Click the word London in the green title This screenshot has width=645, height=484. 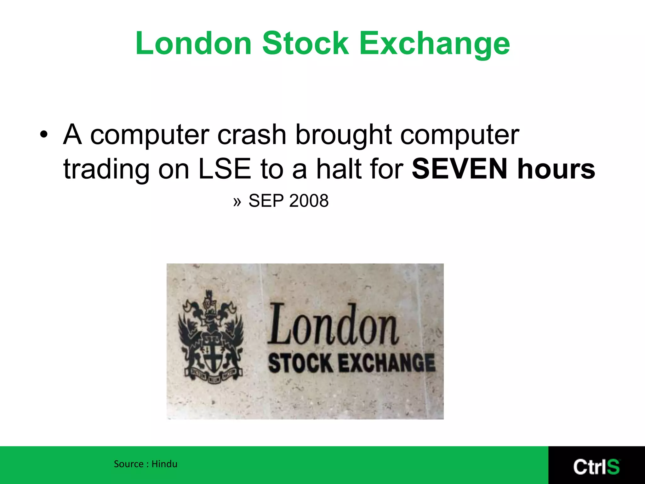pyautogui.click(x=193, y=43)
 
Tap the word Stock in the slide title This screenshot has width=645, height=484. pyautogui.click(x=305, y=43)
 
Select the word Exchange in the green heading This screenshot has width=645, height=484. pyautogui.click(x=435, y=44)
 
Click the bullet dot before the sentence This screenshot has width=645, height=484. pyautogui.click(x=44, y=135)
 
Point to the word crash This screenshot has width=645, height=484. pyautogui.click(x=252, y=135)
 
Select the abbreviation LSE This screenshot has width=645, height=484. pyautogui.click(x=225, y=169)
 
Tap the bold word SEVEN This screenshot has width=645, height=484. pyautogui.click(x=460, y=169)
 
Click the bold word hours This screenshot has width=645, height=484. pyautogui.click(x=557, y=169)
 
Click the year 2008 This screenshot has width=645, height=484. pyautogui.click(x=309, y=201)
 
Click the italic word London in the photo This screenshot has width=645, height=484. pyautogui.click(x=333, y=325)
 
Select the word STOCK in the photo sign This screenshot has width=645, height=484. pyautogui.click(x=300, y=363)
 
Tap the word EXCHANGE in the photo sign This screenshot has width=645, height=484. pyautogui.click(x=387, y=363)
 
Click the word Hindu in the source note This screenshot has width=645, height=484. pyautogui.click(x=164, y=464)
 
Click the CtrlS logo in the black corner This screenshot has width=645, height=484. pyautogui.click(x=596, y=467)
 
